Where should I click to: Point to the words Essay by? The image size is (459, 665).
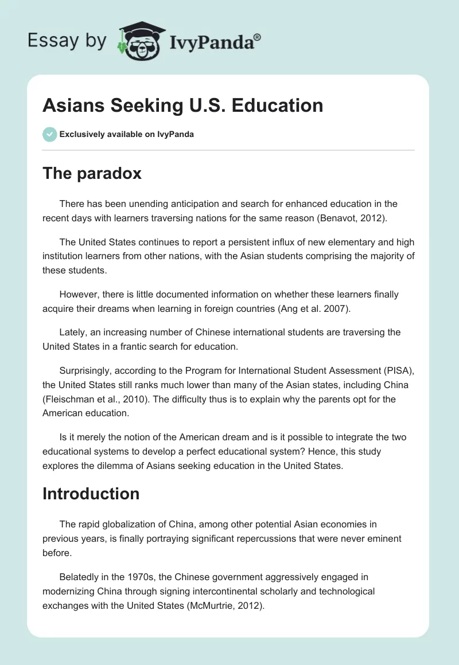click(x=67, y=41)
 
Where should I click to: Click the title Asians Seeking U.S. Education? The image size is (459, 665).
click(x=182, y=105)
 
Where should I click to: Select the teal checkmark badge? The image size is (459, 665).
click(x=49, y=134)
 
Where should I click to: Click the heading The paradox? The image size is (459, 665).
click(x=92, y=174)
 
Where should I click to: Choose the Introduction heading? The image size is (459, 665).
click(x=91, y=494)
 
